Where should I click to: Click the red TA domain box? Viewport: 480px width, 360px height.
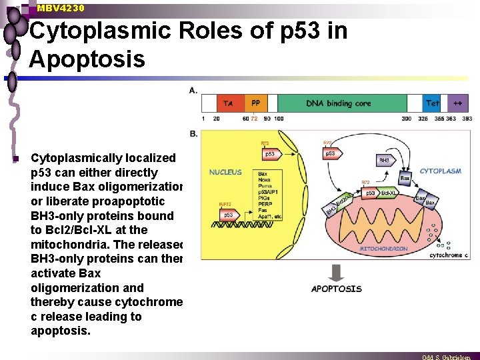pos(228,103)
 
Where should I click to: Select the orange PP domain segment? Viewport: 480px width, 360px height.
pos(255,103)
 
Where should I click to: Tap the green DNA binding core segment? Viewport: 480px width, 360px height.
pos(338,103)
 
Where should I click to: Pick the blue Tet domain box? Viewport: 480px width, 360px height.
pos(433,103)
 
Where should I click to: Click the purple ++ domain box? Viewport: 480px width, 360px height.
pos(457,103)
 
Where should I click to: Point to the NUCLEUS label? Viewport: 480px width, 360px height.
pos(225,172)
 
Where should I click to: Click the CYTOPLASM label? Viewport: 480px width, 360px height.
pos(440,171)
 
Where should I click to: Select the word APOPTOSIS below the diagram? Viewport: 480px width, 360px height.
pos(337,289)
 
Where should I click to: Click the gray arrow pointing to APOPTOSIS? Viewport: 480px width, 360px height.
pos(336,271)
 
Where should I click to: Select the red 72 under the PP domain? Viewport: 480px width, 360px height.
pos(254,119)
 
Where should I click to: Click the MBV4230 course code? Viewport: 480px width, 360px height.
pos(61,8)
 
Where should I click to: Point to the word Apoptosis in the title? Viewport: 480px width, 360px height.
pos(87,59)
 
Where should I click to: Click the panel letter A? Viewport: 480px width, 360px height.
pos(193,90)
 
